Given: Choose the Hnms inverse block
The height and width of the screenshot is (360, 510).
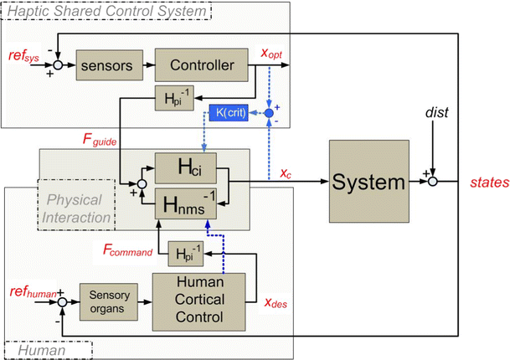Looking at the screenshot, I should tap(183, 201).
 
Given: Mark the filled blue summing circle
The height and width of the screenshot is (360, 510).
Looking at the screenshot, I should tap(269, 111).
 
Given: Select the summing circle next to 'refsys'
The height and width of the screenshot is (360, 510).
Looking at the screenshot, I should tap(56, 62).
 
